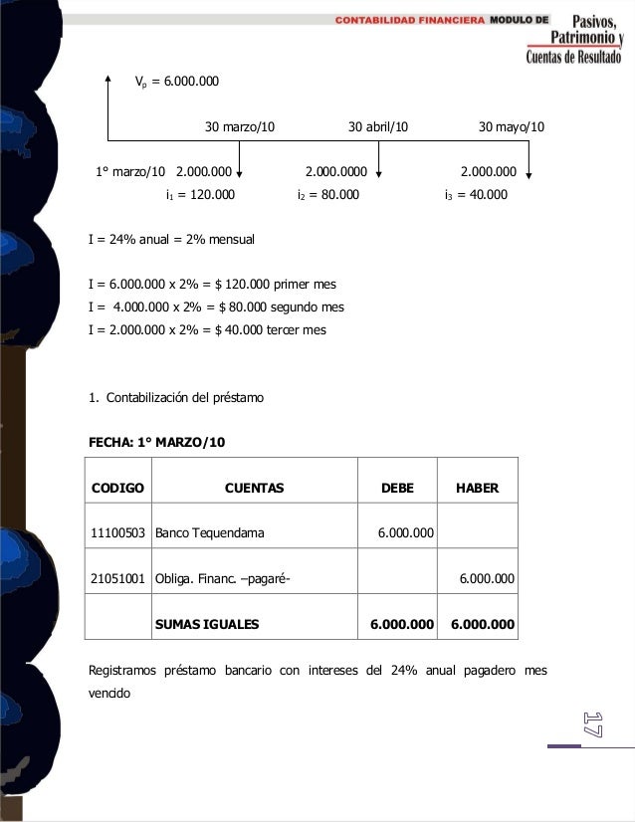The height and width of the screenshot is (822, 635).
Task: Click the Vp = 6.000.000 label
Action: pyautogui.click(x=177, y=81)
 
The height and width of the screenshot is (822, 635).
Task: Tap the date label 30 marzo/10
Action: pyautogui.click(x=240, y=127)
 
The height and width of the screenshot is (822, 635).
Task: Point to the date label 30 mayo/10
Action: pyautogui.click(x=512, y=127)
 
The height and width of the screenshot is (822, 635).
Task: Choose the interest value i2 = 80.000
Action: pyautogui.click(x=327, y=195)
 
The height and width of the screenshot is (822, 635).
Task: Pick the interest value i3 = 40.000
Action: pyautogui.click(x=475, y=195)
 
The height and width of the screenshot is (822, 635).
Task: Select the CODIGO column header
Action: pyautogui.click(x=117, y=488)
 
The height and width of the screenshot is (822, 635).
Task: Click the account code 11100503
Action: pyautogui.click(x=117, y=533)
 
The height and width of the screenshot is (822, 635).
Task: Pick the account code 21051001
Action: pyautogui.click(x=117, y=578)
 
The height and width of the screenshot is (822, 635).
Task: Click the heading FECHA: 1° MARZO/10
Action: pyautogui.click(x=157, y=439)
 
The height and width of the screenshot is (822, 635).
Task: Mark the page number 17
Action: pyautogui.click(x=592, y=723)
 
